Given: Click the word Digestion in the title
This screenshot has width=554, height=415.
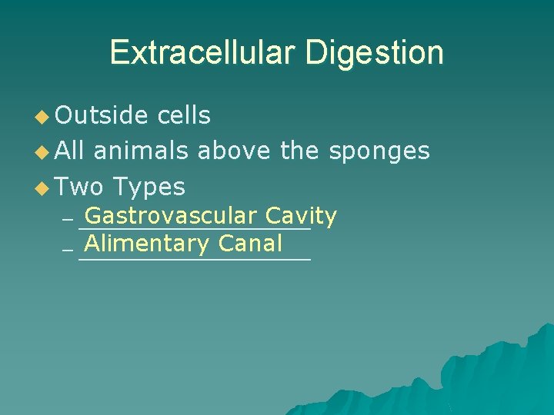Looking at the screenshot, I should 374,53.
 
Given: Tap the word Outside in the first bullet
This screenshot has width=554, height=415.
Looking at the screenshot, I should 102,115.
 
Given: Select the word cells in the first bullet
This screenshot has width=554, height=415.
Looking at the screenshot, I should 183,115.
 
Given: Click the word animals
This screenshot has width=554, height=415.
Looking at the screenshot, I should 140,151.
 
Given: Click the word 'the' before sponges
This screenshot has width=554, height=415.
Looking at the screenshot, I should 299,151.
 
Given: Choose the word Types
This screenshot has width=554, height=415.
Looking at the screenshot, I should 149,187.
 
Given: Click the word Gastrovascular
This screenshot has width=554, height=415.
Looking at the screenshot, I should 171,217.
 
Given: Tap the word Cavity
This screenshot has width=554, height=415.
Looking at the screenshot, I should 301,217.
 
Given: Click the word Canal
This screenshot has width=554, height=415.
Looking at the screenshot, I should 250,244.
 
